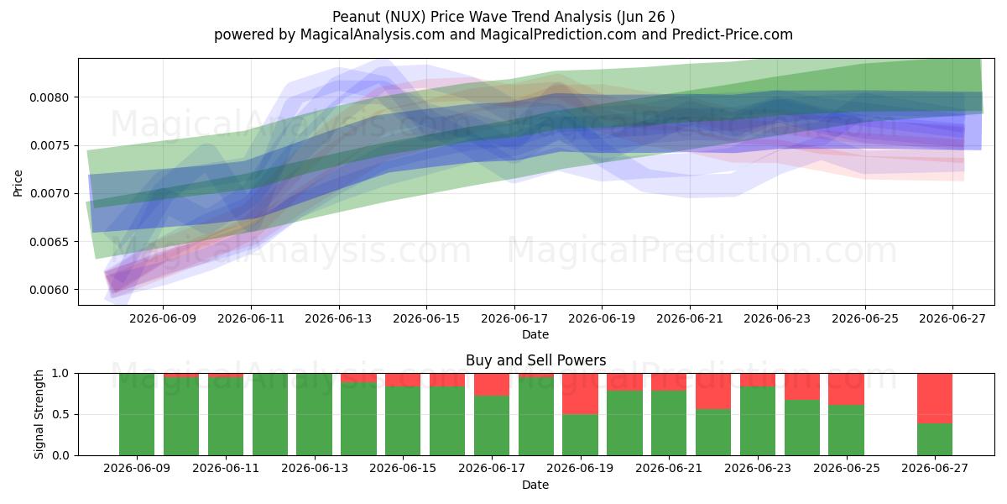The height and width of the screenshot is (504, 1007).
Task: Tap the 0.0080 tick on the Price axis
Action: click(x=49, y=97)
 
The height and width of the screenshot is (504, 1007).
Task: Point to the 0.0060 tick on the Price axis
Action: click(x=49, y=290)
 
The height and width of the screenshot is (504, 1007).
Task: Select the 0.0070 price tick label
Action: click(x=49, y=194)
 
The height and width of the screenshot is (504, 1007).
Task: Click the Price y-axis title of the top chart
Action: click(x=18, y=183)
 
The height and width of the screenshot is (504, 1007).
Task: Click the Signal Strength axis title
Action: click(x=39, y=414)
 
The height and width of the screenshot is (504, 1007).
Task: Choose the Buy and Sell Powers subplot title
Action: click(x=536, y=360)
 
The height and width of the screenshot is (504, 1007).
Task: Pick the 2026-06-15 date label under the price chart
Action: click(x=426, y=318)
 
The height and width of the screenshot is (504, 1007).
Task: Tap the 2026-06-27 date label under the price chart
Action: click(x=952, y=318)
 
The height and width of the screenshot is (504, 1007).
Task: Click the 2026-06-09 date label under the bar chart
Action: click(x=137, y=468)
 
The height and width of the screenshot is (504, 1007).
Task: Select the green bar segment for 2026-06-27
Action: click(x=935, y=439)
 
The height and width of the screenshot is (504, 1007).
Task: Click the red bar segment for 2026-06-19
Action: click(x=580, y=394)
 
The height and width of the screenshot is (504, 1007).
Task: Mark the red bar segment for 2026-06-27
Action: click(x=935, y=398)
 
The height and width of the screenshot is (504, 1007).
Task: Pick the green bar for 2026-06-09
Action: click(x=137, y=414)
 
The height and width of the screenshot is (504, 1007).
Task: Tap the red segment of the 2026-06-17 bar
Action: click(x=492, y=385)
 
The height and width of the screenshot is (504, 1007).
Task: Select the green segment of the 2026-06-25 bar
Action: click(x=846, y=430)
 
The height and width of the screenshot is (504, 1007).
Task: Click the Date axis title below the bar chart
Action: click(x=535, y=486)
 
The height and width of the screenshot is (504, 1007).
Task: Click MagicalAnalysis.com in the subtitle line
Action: click(x=373, y=34)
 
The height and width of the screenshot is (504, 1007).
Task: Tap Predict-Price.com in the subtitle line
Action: click(x=733, y=34)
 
